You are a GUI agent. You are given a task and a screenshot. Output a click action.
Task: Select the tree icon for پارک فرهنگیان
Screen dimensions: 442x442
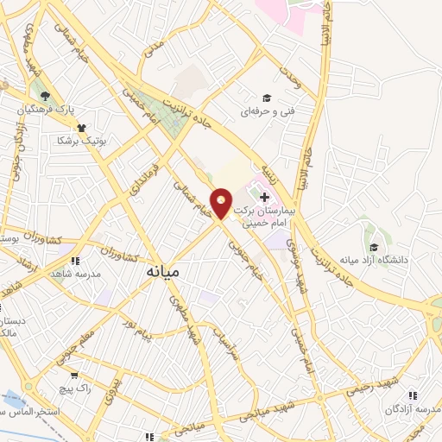(45, 96)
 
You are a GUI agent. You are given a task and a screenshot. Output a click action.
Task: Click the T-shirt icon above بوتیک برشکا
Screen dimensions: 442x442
(81, 128)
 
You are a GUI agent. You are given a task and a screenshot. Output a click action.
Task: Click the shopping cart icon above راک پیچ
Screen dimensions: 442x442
(75, 376)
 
